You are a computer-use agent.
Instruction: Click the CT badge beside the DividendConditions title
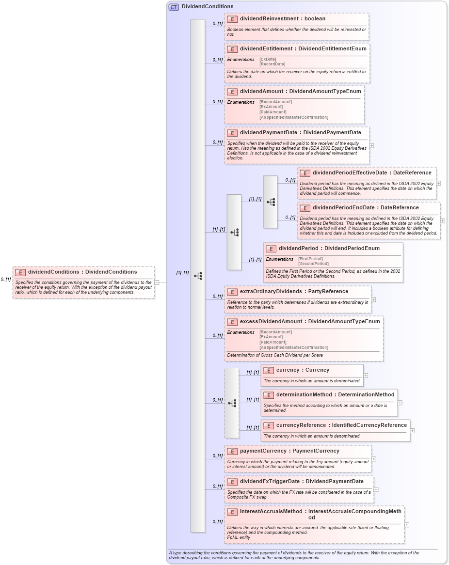174,7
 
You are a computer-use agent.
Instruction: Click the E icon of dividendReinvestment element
232,19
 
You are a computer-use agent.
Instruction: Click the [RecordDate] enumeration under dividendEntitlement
272,64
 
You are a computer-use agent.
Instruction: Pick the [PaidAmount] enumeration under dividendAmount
273,112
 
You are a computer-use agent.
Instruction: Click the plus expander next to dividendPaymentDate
371,145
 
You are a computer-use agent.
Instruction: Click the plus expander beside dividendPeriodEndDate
443,220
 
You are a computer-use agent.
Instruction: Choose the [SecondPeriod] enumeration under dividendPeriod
313,264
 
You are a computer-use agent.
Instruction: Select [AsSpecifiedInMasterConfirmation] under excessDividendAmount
293,347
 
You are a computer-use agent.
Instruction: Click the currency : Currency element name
303,370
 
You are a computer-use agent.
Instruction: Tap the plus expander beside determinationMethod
400,402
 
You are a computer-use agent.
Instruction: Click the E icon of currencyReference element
269,425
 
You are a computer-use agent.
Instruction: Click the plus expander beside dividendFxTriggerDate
376,489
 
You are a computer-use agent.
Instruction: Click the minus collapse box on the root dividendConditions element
157,282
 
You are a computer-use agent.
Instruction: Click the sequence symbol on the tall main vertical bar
198,276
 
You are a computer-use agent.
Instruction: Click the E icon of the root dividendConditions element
20,272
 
